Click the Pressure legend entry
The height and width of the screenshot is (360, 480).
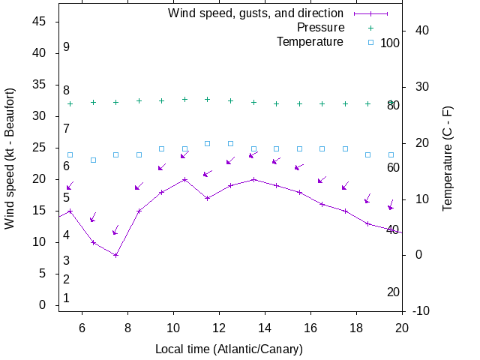pyautogui.click(x=320, y=28)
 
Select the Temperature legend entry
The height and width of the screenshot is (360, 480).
pyautogui.click(x=310, y=41)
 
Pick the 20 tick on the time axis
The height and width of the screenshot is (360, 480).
pyautogui.click(x=402, y=327)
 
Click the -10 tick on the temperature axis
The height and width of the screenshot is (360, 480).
pyautogui.click(x=421, y=311)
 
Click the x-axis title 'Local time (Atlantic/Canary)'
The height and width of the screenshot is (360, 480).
pyautogui.click(x=229, y=349)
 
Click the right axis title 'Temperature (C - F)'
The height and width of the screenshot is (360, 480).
pyautogui.click(x=447, y=158)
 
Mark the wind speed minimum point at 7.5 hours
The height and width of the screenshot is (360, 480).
pyautogui.click(x=116, y=255)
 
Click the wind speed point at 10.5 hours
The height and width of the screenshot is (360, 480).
pyautogui.click(x=184, y=179)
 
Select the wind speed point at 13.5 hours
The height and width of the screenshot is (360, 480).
pyautogui.click(x=253, y=179)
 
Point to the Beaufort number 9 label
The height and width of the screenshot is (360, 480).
pyautogui.click(x=66, y=47)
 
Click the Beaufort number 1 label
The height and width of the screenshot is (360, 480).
pyautogui.click(x=66, y=298)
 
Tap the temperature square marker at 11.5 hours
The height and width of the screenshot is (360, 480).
pyautogui.click(x=208, y=143)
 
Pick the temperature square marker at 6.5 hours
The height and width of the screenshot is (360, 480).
pyautogui.click(x=93, y=160)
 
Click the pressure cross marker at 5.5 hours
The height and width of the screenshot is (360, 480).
pyautogui.click(x=70, y=103)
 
